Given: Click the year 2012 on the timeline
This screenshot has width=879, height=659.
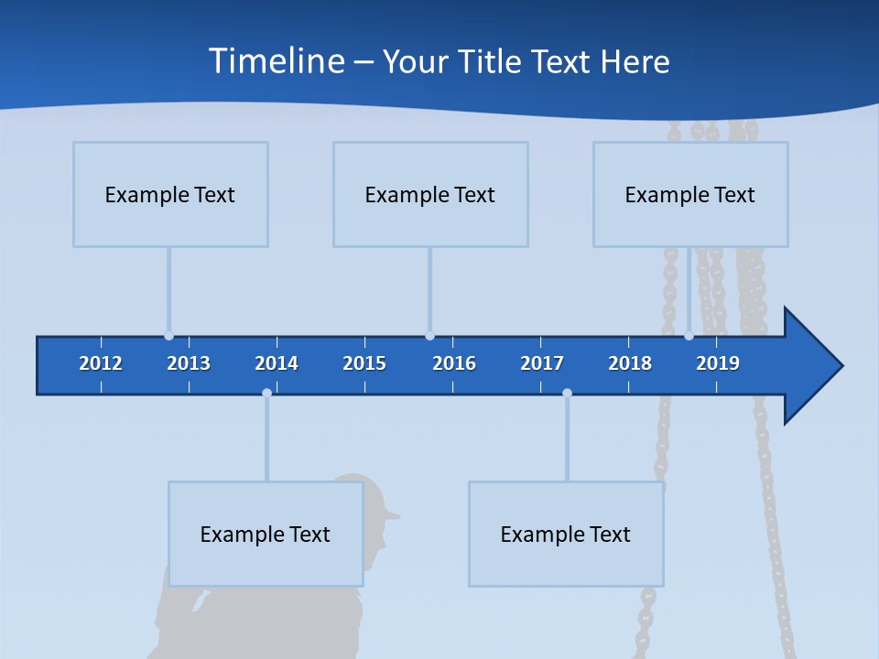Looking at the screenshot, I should coord(101,363).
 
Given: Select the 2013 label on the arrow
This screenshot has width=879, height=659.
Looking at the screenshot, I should coord(189,363).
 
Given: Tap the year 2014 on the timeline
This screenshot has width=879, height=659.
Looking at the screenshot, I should coord(277,363).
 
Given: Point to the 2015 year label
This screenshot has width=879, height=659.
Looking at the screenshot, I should coord(364,363).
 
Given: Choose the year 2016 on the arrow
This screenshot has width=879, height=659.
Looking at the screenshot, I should coord(454,363).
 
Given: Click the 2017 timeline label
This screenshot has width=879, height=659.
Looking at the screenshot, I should coord(542,363).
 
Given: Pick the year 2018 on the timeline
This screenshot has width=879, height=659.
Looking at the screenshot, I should coord(630,363).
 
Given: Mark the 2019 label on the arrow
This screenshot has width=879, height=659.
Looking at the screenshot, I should coord(718,363).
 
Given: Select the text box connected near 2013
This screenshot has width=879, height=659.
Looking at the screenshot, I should coord(170,194).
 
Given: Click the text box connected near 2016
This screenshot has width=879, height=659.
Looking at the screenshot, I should coord(430,194).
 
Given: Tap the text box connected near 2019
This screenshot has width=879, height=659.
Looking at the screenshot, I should coord(690,194).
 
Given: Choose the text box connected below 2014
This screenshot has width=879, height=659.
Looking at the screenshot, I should coord(266,534).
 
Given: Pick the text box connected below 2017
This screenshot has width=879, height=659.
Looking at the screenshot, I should coord(566,534).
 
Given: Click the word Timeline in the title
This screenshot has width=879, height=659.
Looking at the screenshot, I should coord(274,61).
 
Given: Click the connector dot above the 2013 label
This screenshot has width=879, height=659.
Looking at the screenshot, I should coord(168,336).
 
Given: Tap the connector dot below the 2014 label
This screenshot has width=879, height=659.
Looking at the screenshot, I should coord(266,393).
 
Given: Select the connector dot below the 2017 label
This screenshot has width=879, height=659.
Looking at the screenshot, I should coord(567,393).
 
